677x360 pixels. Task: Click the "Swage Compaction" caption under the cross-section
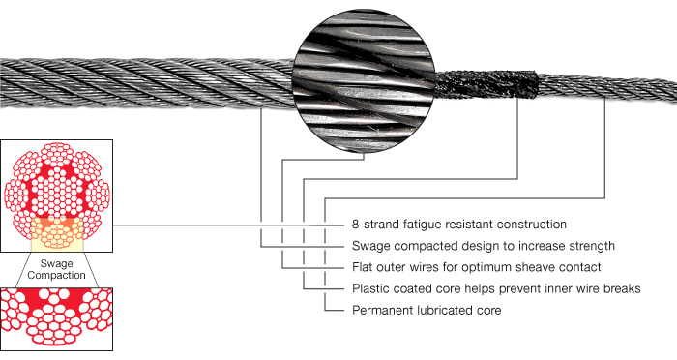pyautogui.click(x=57, y=270)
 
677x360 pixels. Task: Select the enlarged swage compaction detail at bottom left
pyautogui.click(x=57, y=318)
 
